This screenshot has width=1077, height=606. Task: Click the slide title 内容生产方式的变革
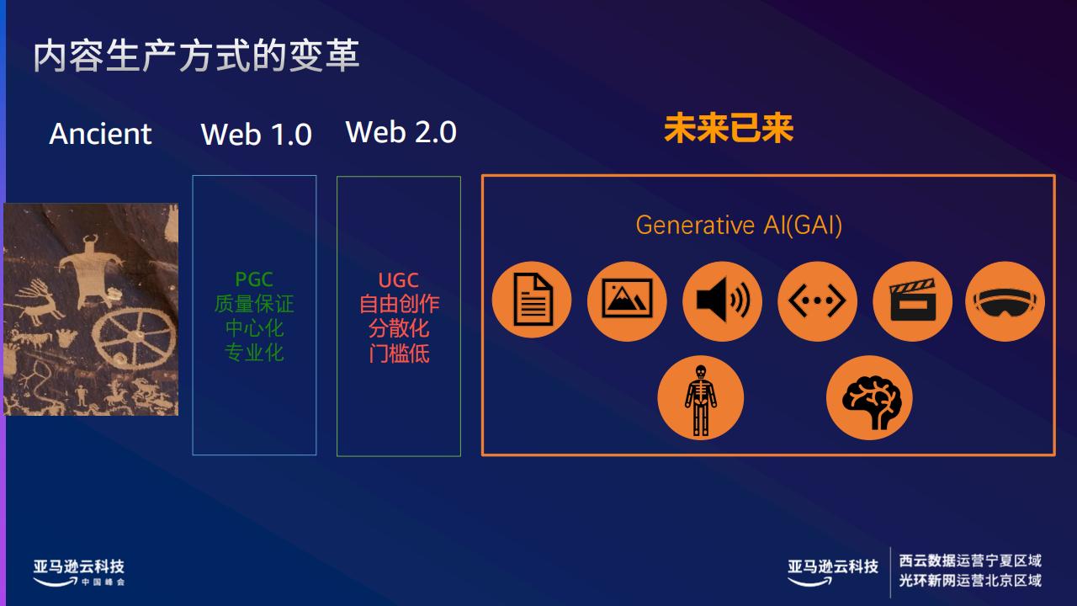(x=196, y=56)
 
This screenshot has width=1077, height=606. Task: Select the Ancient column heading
(x=100, y=134)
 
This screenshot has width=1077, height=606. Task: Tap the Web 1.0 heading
(x=257, y=134)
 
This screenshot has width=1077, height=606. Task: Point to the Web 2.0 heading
(x=401, y=132)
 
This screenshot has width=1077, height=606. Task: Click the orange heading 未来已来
(x=729, y=129)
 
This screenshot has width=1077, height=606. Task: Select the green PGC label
(x=254, y=279)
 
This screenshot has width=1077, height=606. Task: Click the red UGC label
(x=399, y=280)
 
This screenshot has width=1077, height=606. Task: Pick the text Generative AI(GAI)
(x=739, y=225)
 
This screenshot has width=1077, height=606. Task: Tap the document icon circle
(x=532, y=300)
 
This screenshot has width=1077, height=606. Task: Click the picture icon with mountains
(x=627, y=300)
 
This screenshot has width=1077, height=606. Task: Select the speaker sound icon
(x=722, y=300)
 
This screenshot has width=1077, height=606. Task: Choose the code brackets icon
(x=817, y=300)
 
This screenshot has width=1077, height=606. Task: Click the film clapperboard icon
(x=913, y=300)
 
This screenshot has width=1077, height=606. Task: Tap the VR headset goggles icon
(x=1005, y=300)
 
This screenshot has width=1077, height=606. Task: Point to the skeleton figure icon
(x=701, y=398)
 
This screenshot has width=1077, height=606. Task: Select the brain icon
(x=869, y=398)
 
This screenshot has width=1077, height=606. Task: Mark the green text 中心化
(x=254, y=328)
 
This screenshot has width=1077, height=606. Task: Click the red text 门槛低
(x=399, y=353)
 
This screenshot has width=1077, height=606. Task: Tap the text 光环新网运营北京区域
(x=970, y=581)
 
